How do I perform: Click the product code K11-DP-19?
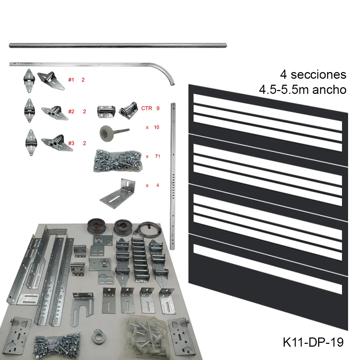point(313,342)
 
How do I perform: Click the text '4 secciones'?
point(313,75)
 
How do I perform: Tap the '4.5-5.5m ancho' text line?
point(302,90)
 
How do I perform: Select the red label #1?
point(71,80)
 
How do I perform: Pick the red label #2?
point(71,111)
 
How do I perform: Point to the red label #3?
point(71,143)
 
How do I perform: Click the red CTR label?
point(147,108)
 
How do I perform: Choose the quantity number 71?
point(157,156)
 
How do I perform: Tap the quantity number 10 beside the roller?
point(156,127)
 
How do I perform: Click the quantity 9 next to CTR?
point(158,108)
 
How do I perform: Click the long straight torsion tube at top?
point(118,45)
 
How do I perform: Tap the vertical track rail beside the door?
point(173,176)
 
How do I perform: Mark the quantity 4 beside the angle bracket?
point(158,185)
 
